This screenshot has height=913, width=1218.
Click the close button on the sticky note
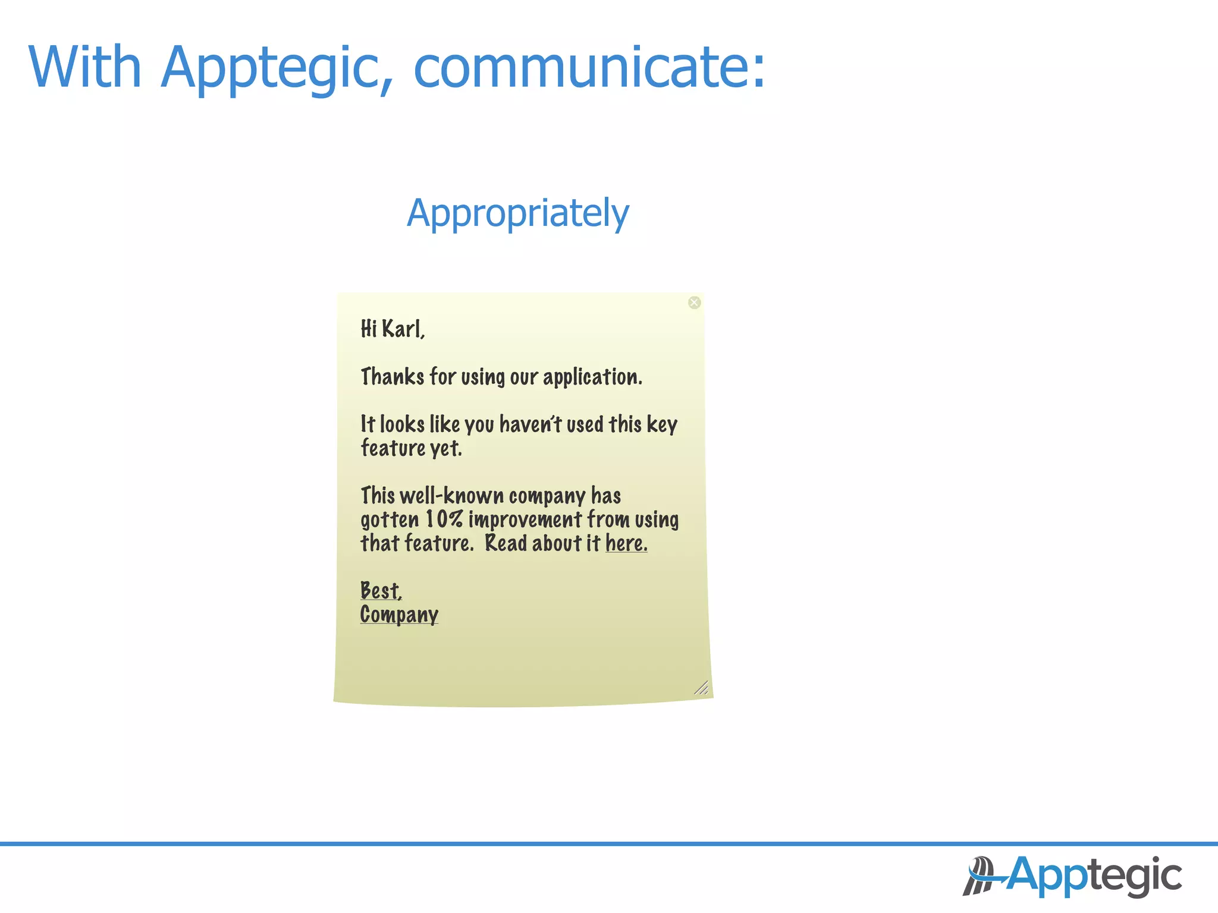694,303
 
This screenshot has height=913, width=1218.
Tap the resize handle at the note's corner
702,688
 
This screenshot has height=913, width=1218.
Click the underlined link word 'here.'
626,543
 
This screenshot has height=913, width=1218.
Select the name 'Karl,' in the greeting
403,329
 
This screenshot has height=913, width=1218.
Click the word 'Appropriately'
518,213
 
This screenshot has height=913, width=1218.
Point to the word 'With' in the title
84,67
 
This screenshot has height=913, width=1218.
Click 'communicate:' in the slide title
589,67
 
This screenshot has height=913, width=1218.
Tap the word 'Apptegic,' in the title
277,68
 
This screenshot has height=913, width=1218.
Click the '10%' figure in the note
444,520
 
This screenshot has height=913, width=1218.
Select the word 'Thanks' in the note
393,377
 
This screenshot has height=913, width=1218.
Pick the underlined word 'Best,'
381,591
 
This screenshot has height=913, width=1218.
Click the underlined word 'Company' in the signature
399,615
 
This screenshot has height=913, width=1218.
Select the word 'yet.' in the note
446,449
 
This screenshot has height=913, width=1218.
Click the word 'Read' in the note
506,543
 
